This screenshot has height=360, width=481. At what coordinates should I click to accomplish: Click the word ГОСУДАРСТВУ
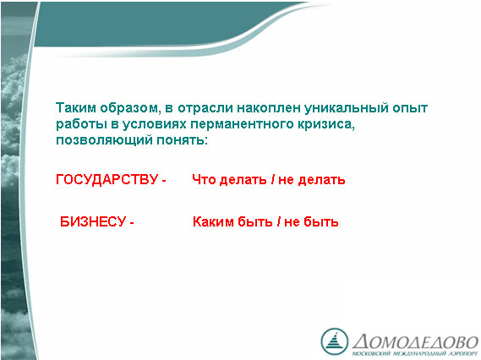[107, 179]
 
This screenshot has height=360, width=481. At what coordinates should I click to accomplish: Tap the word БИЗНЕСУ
[93, 221]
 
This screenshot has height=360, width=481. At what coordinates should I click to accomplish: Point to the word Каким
[213, 221]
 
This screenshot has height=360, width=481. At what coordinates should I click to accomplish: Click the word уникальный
[346, 108]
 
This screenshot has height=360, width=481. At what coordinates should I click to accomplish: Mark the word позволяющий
[104, 140]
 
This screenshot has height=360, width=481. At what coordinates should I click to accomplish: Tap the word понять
[183, 140]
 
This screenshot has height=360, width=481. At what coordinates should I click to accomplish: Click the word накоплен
[269, 108]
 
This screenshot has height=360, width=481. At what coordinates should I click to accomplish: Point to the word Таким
[76, 108]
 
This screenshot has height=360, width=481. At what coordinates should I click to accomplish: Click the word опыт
[410, 108]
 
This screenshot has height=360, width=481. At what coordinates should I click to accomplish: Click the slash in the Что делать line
[272, 179]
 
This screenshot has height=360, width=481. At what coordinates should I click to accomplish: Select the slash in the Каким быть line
[278, 221]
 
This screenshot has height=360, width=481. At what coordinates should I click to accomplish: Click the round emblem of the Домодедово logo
[335, 341]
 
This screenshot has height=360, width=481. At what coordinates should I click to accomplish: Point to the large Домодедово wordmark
[415, 341]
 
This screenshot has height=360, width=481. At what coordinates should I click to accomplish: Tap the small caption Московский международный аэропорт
[415, 353]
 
